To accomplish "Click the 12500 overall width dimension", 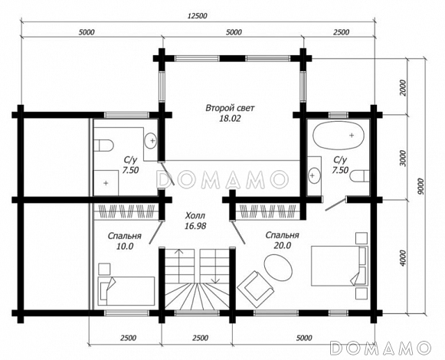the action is [x=198, y=16].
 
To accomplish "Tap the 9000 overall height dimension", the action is [x=420, y=186].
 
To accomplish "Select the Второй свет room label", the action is [x=231, y=108].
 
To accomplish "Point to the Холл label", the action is [x=195, y=216].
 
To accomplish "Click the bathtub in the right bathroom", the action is [x=339, y=135].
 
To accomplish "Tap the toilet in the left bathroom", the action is [x=103, y=145].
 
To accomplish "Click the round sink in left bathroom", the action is [x=151, y=140].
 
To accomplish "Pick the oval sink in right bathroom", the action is [x=314, y=175].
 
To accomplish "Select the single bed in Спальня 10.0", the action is [x=126, y=291].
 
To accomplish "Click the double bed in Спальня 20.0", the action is [x=339, y=266].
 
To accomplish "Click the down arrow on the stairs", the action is [x=216, y=267].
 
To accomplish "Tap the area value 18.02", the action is [x=230, y=119].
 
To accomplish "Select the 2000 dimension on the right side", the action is [x=402, y=87].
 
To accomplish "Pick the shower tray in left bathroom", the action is [x=106, y=183].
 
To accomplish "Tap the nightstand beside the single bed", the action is [x=104, y=269].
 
